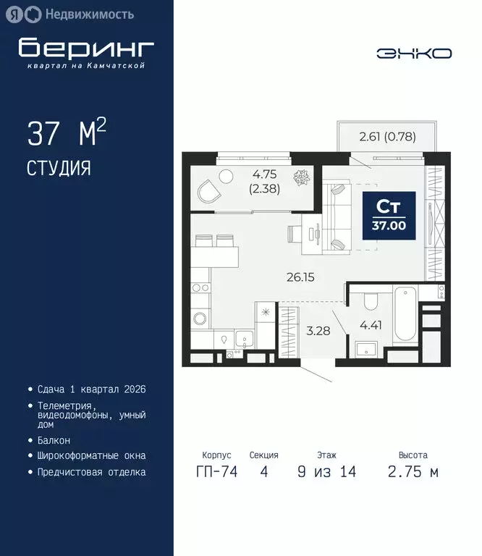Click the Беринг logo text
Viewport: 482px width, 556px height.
pyautogui.click(x=86, y=48)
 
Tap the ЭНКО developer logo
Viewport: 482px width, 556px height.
pyautogui.click(x=414, y=53)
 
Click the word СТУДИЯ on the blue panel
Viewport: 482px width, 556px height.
pyautogui.click(x=59, y=168)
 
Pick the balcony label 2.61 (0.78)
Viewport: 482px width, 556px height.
pyautogui.click(x=387, y=135)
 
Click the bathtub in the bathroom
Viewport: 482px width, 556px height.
pyautogui.click(x=404, y=315)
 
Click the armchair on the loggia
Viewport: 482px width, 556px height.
pyautogui.click(x=210, y=191)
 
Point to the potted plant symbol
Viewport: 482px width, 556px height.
pyautogui.click(x=300, y=177)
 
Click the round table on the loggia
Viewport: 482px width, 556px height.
pyautogui.click(x=226, y=175)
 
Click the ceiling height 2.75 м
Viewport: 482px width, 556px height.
pyautogui.click(x=413, y=472)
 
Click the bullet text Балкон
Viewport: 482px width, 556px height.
pyautogui.click(x=54, y=440)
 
